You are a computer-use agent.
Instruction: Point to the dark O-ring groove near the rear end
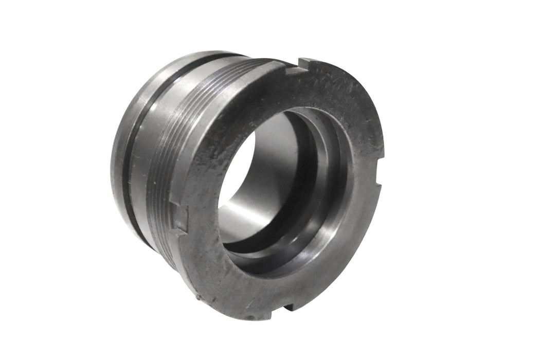(135, 149)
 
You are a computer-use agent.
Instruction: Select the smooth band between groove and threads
(147, 154)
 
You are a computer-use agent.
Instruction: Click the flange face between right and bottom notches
(350, 247)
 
